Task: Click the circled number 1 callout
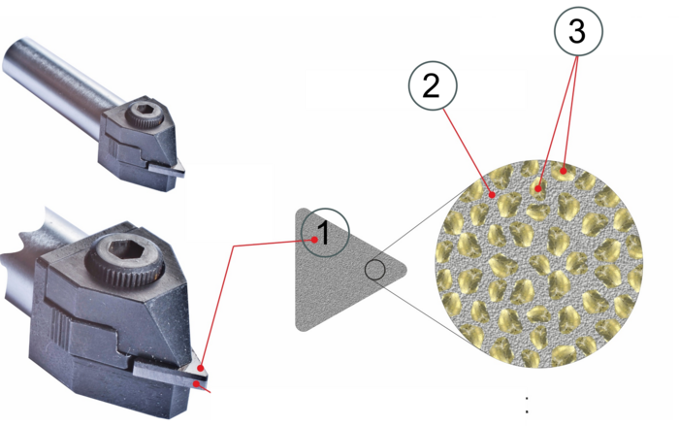[325, 232]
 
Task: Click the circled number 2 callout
[433, 85]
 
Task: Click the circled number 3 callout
[578, 31]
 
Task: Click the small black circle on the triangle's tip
[374, 270]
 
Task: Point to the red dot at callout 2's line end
[492, 195]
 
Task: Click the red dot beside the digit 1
[315, 239]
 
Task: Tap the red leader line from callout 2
[468, 151]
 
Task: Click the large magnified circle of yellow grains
[538, 264]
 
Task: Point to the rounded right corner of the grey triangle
[402, 270]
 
